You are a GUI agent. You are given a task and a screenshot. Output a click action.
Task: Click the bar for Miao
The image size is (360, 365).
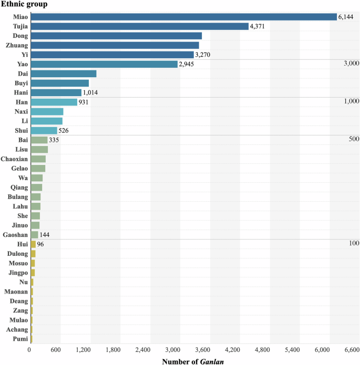point(183,17)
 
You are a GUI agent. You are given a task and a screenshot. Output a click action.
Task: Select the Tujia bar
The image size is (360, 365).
point(139,26)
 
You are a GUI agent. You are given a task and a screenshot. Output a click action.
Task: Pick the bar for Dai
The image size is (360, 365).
point(64,74)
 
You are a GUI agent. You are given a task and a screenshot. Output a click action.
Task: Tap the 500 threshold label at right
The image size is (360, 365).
point(353,139)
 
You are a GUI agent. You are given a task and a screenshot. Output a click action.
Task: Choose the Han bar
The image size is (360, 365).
point(54,102)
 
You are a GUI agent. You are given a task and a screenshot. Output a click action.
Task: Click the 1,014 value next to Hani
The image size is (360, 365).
point(90,92)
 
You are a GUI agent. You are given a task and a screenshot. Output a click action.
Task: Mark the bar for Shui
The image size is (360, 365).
point(44,130)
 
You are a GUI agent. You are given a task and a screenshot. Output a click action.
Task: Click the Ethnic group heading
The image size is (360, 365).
point(24,5)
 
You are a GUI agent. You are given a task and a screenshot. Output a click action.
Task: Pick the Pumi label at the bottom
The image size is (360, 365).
point(20,339)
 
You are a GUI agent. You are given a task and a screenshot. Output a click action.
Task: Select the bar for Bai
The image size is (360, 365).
point(39,140)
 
